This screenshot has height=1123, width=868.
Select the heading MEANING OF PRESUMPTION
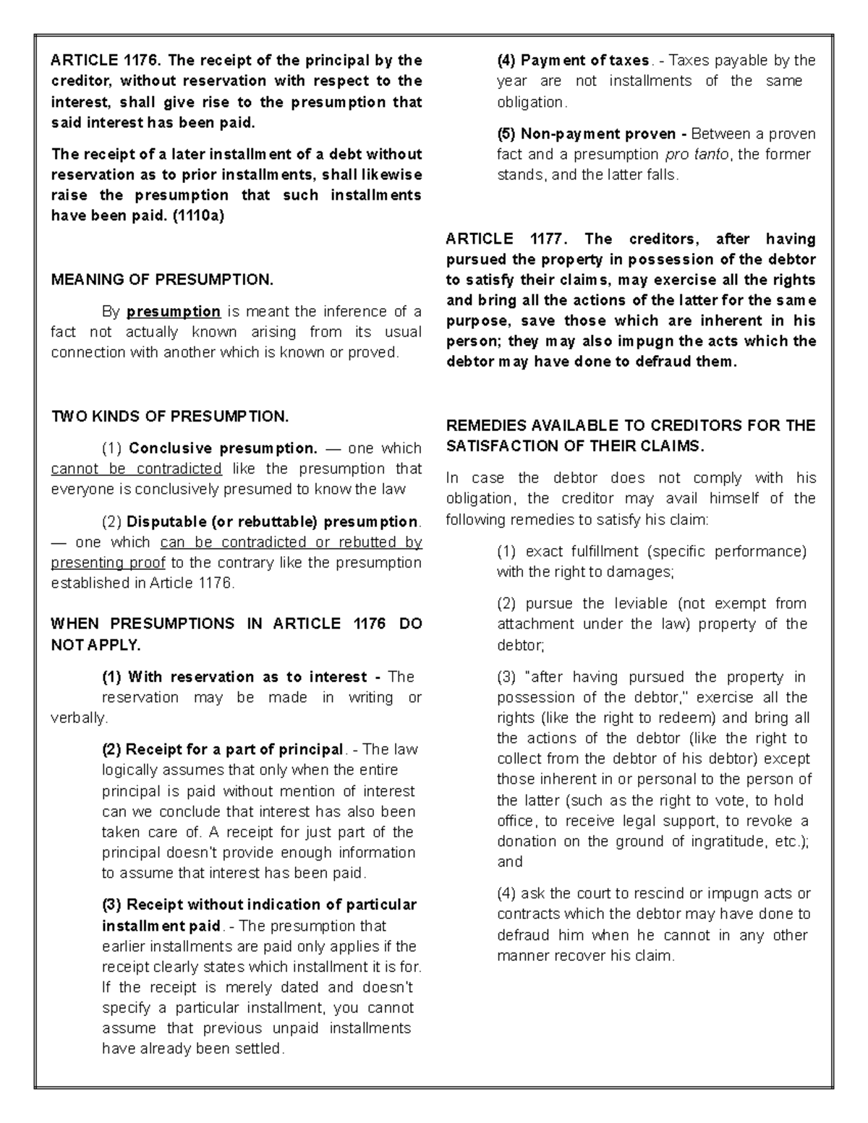tap(163, 280)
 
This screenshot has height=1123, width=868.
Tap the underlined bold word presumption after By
tap(174, 312)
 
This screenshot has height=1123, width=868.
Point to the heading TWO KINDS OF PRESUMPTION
tap(170, 417)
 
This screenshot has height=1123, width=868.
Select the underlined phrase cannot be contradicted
tap(136, 469)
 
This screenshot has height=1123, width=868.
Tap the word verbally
tap(78, 718)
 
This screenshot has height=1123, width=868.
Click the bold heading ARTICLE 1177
tap(509, 239)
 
